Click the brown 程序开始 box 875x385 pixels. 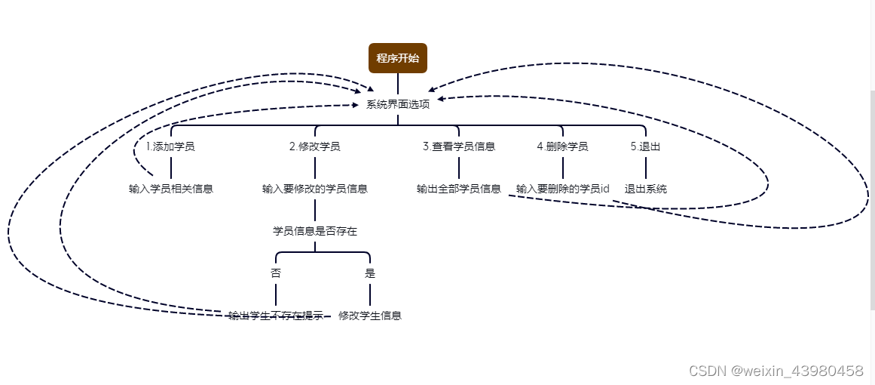point(398,58)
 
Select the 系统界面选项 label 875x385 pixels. point(398,104)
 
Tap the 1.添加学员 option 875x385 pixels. point(170,146)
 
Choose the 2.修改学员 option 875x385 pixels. point(314,146)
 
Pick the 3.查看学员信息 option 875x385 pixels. point(458,146)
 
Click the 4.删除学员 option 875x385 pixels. point(562,146)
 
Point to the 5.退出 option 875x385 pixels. point(645,146)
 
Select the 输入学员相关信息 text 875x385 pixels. point(171,189)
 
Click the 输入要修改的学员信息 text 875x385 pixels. point(314,189)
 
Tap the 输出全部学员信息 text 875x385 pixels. point(458,189)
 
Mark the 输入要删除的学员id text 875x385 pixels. point(562,189)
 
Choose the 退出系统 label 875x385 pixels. point(645,189)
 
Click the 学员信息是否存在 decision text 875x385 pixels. point(314,231)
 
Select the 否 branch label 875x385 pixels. point(276,273)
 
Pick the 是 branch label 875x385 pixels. point(369,273)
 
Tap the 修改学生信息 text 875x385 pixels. point(369,316)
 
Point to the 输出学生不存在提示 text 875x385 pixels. point(276,316)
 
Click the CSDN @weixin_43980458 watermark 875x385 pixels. point(776,371)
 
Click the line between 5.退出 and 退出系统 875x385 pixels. point(645,168)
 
